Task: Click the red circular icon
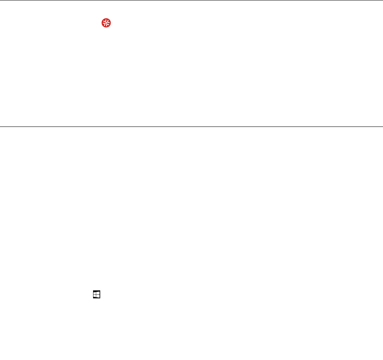point(106,24)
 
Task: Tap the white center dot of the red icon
point(106,24)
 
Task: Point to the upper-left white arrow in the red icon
point(104,22)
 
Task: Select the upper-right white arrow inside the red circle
point(108,22)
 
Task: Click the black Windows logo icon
point(96,294)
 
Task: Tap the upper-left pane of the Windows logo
point(95,293)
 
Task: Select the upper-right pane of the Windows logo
point(97,293)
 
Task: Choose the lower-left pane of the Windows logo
point(95,296)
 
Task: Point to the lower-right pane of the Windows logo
point(97,296)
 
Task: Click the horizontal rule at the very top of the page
point(191,0)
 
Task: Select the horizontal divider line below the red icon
point(191,126)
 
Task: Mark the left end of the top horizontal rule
point(1,0)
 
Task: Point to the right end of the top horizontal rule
point(382,0)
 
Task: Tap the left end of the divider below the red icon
point(1,126)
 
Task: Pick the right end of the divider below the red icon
point(382,126)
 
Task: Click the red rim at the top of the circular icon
point(106,20)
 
